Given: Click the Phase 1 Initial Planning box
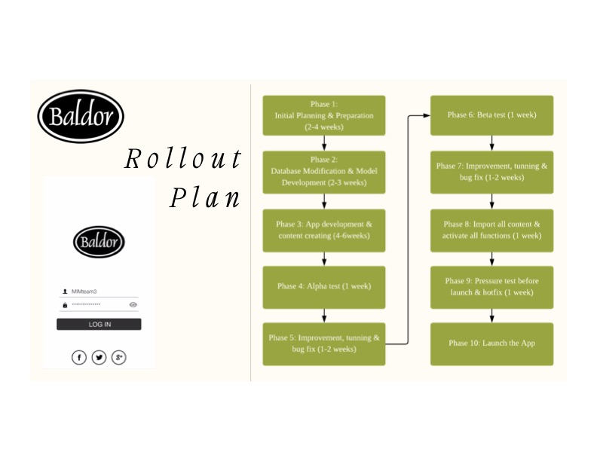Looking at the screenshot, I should coord(323,116).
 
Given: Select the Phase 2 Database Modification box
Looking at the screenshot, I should coord(323,172).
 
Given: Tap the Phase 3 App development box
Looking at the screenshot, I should coord(323,230).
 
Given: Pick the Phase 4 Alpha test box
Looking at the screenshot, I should coord(323,286).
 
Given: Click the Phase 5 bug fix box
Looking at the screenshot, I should coord(323,343).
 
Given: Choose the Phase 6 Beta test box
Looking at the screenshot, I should coord(491,115).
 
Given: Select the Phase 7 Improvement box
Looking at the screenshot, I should coord(491,172).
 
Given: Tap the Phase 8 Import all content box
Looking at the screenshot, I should coord(491,230).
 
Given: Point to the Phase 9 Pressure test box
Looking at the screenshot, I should coord(491,286).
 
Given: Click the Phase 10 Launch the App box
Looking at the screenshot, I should coord(491,343).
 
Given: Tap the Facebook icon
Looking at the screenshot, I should coord(79,357).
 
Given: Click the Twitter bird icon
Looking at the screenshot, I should coord(99,357).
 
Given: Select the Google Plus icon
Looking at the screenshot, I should coord(118,357).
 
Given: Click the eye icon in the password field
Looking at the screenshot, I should coord(133,304).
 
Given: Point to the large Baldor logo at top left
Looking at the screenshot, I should coord(81,117).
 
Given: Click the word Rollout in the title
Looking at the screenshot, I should coord(183,159).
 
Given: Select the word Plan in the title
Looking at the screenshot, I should coord(205,197).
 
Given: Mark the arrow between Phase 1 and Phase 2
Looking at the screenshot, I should coord(324,144).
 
